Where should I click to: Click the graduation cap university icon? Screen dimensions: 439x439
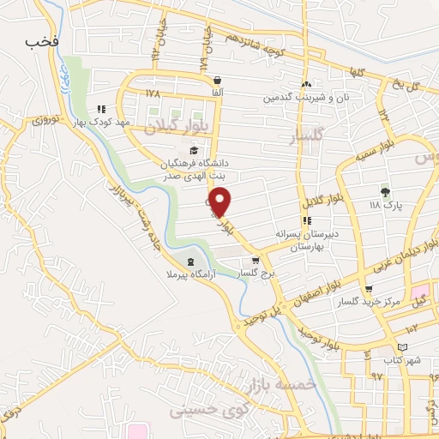(194, 150)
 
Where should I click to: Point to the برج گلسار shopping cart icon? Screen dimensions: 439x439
(255, 261)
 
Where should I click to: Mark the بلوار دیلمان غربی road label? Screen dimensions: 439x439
(378, 255)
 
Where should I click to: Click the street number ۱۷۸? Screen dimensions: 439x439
(153, 93)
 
